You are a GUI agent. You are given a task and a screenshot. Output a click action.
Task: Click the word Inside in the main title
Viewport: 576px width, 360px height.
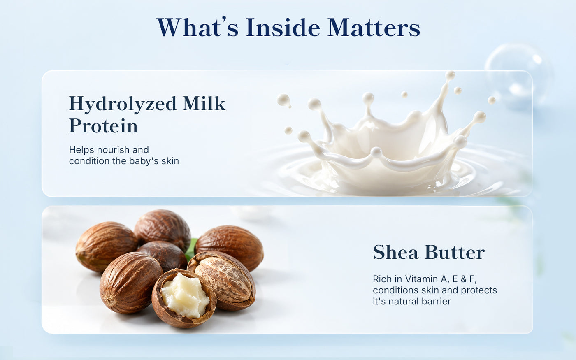pyautogui.click(x=283, y=27)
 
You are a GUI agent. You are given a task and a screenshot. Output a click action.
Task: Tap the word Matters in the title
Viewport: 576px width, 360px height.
pyautogui.click(x=374, y=27)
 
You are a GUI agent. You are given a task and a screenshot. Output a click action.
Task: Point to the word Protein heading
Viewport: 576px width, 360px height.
pyautogui.click(x=103, y=126)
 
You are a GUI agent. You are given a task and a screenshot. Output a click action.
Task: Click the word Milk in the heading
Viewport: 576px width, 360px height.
pyautogui.click(x=204, y=103)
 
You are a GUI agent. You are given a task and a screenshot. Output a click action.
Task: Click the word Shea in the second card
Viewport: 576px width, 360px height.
pyautogui.click(x=395, y=252)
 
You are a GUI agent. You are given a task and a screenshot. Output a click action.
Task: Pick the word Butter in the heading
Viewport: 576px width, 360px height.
pyautogui.click(x=455, y=252)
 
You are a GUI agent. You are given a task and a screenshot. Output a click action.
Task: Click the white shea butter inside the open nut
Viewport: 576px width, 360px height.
pyautogui.click(x=185, y=295)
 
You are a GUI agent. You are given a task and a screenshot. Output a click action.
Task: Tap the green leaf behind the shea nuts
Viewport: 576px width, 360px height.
pyautogui.click(x=191, y=249)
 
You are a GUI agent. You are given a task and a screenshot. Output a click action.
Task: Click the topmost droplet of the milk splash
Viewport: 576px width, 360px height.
pyautogui.click(x=450, y=75)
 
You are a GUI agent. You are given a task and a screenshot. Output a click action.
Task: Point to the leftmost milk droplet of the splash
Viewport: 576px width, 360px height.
pyautogui.click(x=283, y=100)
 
